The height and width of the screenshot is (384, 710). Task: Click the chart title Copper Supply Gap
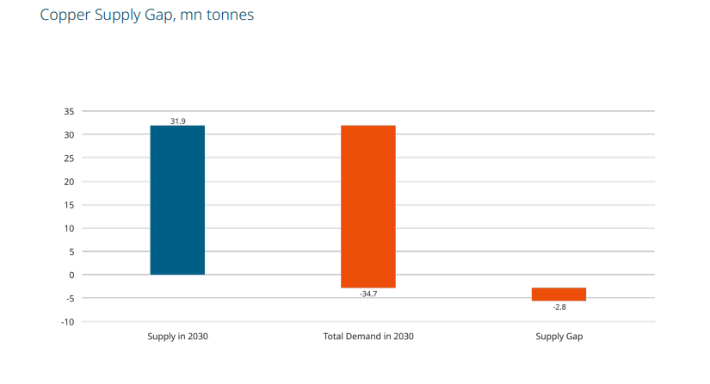point(146,15)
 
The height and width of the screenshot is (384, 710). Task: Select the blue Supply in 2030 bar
point(177,200)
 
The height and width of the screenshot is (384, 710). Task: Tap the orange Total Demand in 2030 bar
point(367,206)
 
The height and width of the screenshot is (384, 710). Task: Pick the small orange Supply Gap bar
point(559,294)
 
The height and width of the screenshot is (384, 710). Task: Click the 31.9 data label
point(177,121)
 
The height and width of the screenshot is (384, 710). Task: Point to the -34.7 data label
point(368,294)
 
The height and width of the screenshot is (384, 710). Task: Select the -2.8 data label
point(559,307)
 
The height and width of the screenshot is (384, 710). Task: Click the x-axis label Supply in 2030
point(177,336)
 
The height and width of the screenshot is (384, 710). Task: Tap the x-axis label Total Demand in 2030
point(368,336)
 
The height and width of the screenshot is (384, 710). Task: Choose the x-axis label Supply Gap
point(559,336)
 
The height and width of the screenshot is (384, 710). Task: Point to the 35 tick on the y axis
point(69,112)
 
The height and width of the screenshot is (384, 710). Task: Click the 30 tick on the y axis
point(69,135)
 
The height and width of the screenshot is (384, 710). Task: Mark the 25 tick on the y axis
point(69,158)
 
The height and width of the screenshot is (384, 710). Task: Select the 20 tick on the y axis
point(69,182)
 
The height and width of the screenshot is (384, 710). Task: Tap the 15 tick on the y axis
point(69,205)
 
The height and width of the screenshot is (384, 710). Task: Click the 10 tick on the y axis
point(69,228)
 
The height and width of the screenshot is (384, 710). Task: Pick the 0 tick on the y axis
point(71,276)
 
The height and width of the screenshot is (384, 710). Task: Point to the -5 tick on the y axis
point(69,299)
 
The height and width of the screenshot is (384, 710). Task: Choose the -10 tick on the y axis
point(67,322)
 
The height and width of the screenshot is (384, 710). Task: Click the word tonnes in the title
point(230,15)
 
